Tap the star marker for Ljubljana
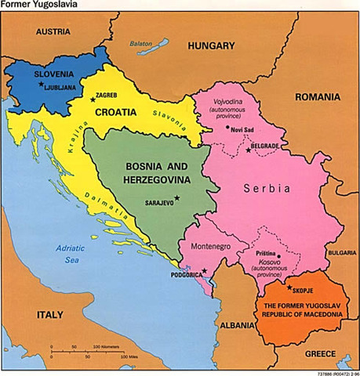point(38,85)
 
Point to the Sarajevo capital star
point(176,199)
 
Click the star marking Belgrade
point(249,150)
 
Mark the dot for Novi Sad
point(227,128)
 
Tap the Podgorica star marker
point(204,271)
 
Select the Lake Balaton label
point(141,44)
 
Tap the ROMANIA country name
point(317,97)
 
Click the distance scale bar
point(86,349)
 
